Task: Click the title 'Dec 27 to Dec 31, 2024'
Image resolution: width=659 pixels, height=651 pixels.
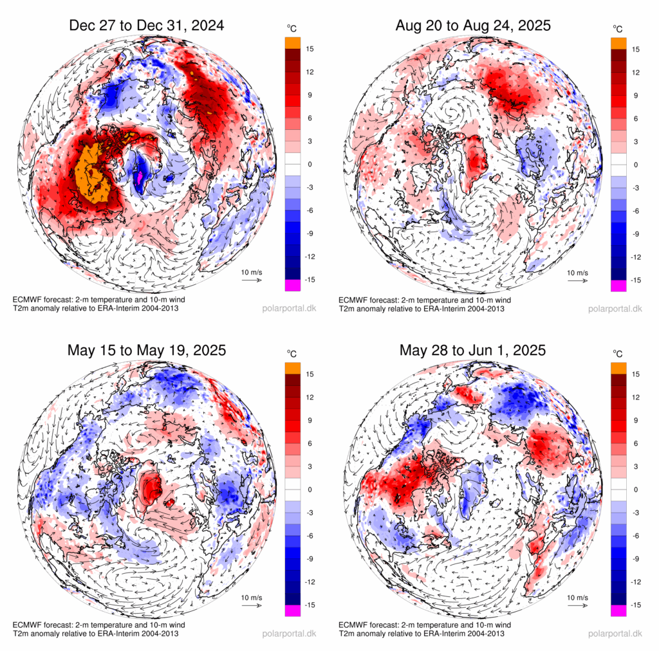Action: [x=147, y=26]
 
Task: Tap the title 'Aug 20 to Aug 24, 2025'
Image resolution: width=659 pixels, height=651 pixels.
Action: [x=473, y=26]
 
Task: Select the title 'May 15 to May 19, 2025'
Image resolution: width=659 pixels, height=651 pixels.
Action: [x=147, y=351]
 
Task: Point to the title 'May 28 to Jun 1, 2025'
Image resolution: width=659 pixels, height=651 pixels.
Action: [x=473, y=351]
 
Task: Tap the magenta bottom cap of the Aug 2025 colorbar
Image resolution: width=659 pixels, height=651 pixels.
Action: [x=618, y=286]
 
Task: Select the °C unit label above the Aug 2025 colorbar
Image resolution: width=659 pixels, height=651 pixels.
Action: [x=618, y=29]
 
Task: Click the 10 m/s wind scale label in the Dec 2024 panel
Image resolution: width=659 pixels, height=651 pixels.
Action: [x=252, y=273]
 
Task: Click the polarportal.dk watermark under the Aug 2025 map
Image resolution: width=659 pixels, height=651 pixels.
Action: [x=615, y=308]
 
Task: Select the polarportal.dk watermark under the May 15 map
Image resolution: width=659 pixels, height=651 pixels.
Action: [x=289, y=634]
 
